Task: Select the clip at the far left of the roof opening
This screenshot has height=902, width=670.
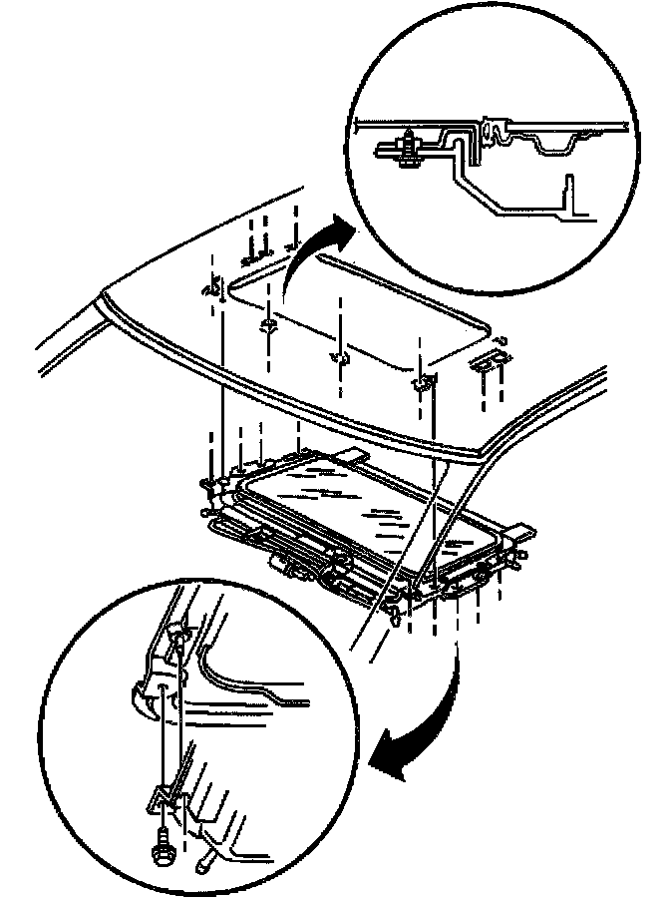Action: pyautogui.click(x=211, y=289)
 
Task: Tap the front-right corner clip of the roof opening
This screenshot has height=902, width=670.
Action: pyautogui.click(x=424, y=382)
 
